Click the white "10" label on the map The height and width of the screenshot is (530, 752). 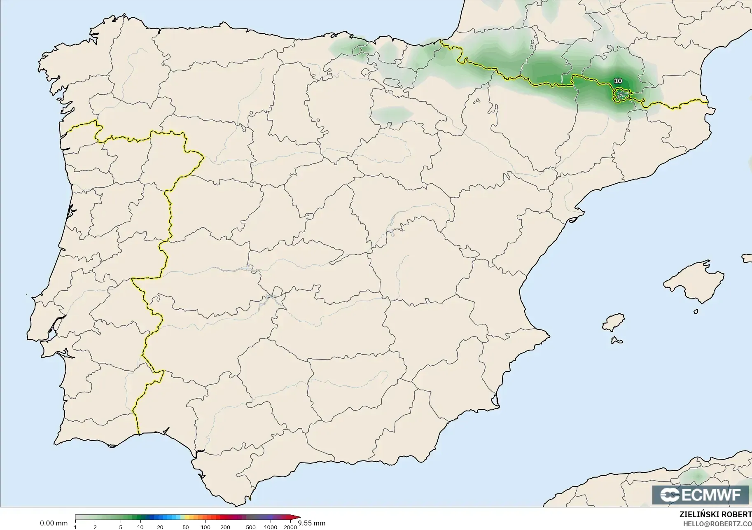618,81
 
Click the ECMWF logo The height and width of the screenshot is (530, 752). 700,495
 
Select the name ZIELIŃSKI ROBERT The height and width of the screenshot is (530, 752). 715,515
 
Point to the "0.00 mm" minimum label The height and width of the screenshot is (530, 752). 54,523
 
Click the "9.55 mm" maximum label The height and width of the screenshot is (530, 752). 312,523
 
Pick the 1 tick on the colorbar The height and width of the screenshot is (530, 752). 75,527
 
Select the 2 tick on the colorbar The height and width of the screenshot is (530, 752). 95,527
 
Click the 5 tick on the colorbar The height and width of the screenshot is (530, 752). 121,527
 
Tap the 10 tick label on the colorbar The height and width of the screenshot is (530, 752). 140,527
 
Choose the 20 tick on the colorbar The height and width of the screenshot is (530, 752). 160,527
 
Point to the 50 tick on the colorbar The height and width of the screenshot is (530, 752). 186,527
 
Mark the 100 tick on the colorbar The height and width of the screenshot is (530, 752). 206,527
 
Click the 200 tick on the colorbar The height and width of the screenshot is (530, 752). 225,527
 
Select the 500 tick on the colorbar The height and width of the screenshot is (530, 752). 251,527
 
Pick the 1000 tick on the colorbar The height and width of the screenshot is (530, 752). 271,527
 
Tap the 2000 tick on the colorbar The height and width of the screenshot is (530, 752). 290,527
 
